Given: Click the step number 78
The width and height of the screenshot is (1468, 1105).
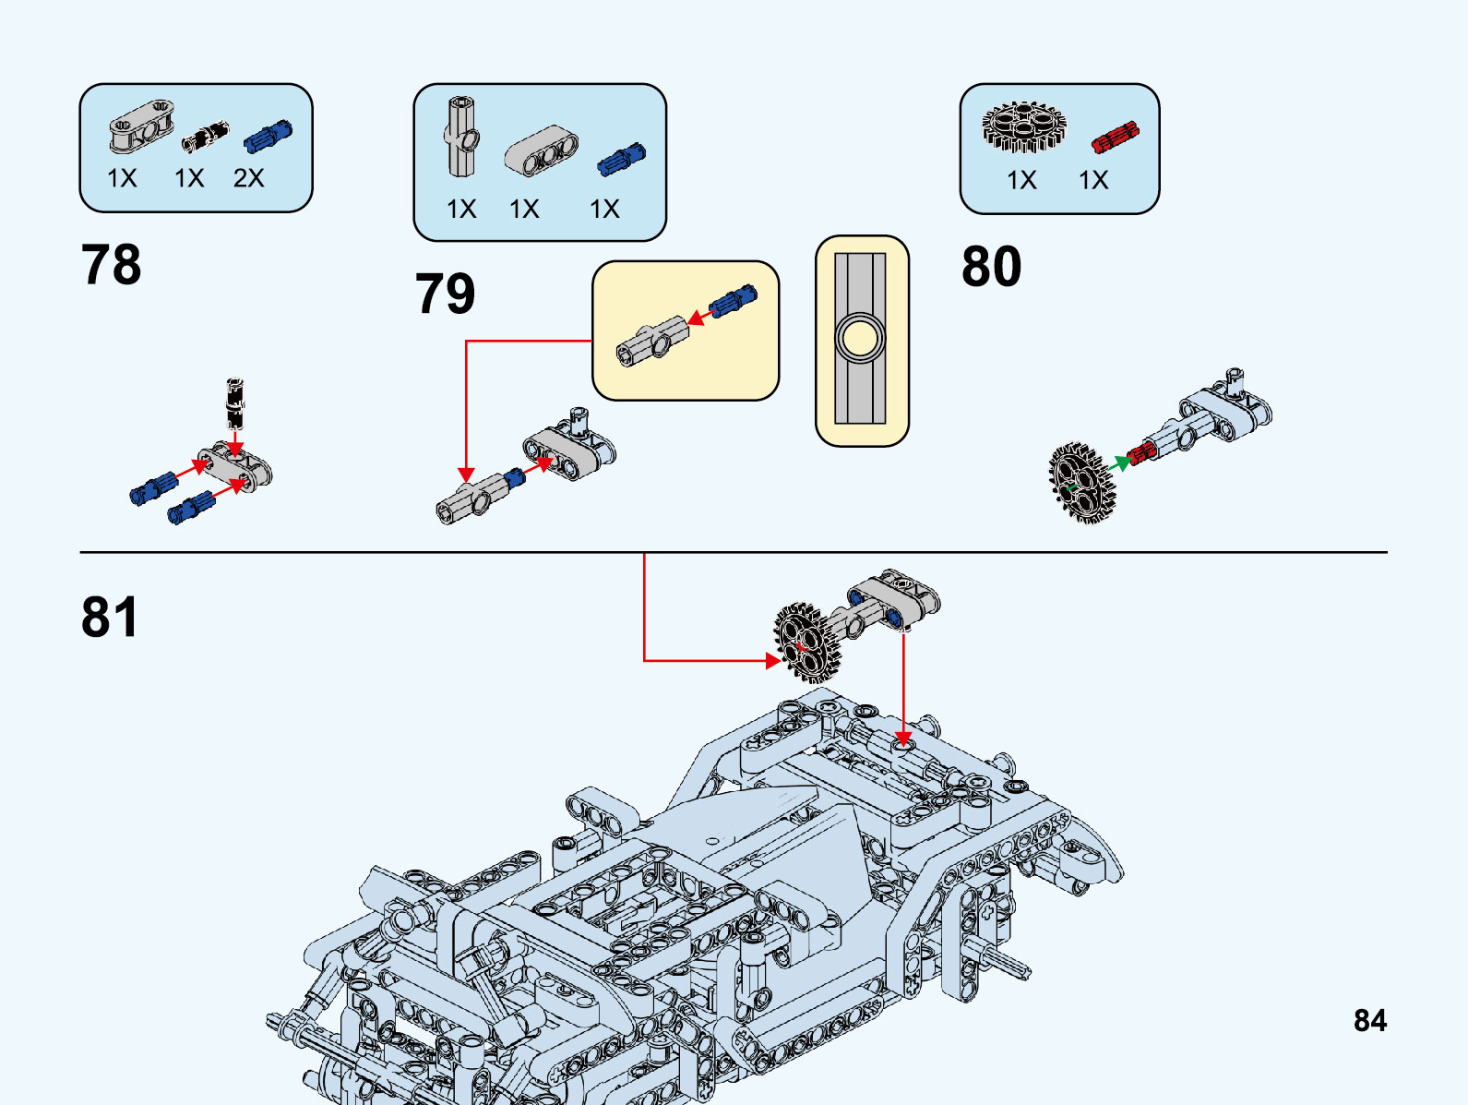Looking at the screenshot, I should pyautogui.click(x=112, y=265).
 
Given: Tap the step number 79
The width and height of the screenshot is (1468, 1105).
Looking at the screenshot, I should pyautogui.click(x=445, y=294).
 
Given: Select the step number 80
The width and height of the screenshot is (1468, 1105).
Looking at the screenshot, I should pyautogui.click(x=991, y=267).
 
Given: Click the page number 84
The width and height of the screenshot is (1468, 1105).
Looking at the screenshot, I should pyautogui.click(x=1369, y=1020).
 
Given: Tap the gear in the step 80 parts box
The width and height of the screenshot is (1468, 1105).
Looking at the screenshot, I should pyautogui.click(x=1022, y=126).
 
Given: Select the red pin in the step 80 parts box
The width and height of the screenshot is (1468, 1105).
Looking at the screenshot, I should pyautogui.click(x=1115, y=137).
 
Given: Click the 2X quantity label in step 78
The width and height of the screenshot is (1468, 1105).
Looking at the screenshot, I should pyautogui.click(x=248, y=178).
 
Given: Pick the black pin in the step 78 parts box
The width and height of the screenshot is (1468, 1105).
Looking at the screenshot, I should pyautogui.click(x=204, y=137).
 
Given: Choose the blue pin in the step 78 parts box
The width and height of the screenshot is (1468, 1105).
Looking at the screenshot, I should pyautogui.click(x=268, y=136).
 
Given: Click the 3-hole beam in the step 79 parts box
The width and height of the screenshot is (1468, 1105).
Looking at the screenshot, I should pyautogui.click(x=542, y=150).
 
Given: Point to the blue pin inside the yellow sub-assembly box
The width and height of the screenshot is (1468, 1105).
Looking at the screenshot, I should pyautogui.click(x=733, y=301).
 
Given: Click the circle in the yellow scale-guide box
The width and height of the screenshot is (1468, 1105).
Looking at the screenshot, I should pyautogui.click(x=860, y=338).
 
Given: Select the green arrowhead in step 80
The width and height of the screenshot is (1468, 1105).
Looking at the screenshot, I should pyautogui.click(x=1120, y=462).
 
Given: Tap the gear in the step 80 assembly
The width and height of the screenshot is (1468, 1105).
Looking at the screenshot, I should pyautogui.click(x=1081, y=483).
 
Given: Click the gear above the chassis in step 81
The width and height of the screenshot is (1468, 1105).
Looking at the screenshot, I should pyautogui.click(x=808, y=641).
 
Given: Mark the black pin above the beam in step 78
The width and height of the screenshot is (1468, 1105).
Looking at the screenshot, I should pyautogui.click(x=235, y=402).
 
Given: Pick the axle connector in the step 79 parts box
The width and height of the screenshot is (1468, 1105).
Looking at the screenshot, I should pyautogui.click(x=462, y=137).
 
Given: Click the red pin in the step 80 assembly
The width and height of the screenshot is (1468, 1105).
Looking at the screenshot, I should pyautogui.click(x=1141, y=452).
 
